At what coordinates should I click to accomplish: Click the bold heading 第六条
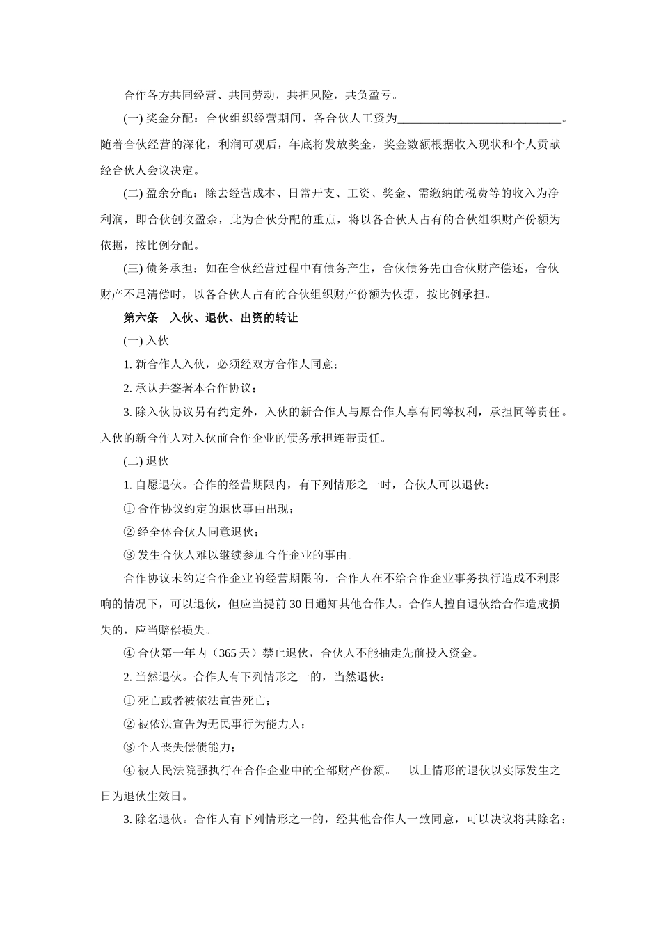(141, 318)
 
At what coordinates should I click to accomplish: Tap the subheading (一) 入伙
(146, 341)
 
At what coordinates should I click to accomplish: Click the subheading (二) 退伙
(146, 461)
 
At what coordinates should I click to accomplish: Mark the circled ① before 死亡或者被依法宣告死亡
(129, 701)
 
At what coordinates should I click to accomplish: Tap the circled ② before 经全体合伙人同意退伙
(129, 532)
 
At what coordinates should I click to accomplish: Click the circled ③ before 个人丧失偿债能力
(129, 748)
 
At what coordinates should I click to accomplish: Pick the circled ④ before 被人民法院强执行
(129, 771)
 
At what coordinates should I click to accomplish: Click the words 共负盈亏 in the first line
(372, 95)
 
